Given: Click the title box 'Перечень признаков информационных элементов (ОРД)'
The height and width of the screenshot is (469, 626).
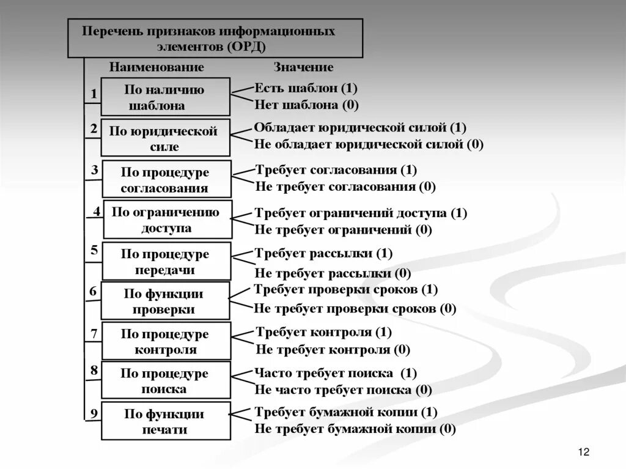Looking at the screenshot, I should (x=215, y=38).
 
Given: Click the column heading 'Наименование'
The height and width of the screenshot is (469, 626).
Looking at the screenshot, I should (x=156, y=67).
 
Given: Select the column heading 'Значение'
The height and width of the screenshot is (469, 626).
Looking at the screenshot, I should (x=303, y=67).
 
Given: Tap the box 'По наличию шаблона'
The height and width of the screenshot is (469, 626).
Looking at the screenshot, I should (x=165, y=97).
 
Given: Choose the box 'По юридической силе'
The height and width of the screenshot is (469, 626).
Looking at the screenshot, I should (x=165, y=138).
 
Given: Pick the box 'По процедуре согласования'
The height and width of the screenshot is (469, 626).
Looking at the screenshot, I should (x=167, y=180).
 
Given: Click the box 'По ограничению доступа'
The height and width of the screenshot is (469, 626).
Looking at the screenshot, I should (x=168, y=220).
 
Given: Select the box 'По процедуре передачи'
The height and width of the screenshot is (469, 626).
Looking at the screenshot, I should (x=166, y=261).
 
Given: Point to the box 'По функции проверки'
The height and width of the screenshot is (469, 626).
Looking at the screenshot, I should (x=165, y=301).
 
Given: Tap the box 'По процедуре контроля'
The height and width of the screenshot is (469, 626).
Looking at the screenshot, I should (x=166, y=341).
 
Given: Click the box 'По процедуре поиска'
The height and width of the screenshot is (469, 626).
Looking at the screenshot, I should (x=166, y=380).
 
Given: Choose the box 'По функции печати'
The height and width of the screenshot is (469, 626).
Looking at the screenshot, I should (x=166, y=421).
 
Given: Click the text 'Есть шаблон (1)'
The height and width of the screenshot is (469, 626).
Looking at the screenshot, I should (x=306, y=87).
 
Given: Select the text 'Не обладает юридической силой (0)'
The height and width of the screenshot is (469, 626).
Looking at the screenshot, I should (x=369, y=144).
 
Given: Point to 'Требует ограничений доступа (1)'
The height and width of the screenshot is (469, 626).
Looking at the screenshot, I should (x=361, y=213).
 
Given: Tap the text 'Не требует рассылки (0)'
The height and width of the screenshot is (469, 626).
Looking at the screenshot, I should (x=333, y=273).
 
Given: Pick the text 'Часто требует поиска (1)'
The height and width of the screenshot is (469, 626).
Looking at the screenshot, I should (x=336, y=372).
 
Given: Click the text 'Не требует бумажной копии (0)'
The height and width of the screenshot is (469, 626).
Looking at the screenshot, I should (x=355, y=429).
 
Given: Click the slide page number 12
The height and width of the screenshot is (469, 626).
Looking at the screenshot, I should (x=583, y=452).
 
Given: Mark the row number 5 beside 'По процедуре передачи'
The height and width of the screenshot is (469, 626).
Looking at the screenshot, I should (x=94, y=249).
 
